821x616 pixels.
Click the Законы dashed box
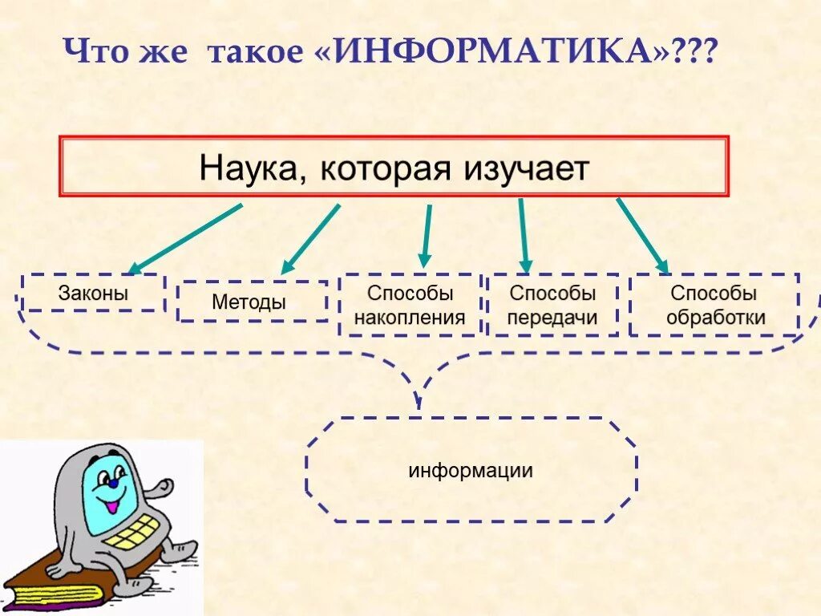[93, 293]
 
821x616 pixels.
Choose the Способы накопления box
[410, 306]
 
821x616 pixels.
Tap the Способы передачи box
[553, 306]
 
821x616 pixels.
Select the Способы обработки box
[714, 306]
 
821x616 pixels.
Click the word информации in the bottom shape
[471, 470]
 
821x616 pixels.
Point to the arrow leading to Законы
[186, 238]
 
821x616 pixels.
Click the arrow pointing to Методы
[310, 238]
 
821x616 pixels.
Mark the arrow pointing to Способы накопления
[427, 236]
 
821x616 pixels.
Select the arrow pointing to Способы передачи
[523, 235]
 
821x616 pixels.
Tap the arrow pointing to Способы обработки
[641, 235]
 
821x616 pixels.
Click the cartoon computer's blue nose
[114, 484]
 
